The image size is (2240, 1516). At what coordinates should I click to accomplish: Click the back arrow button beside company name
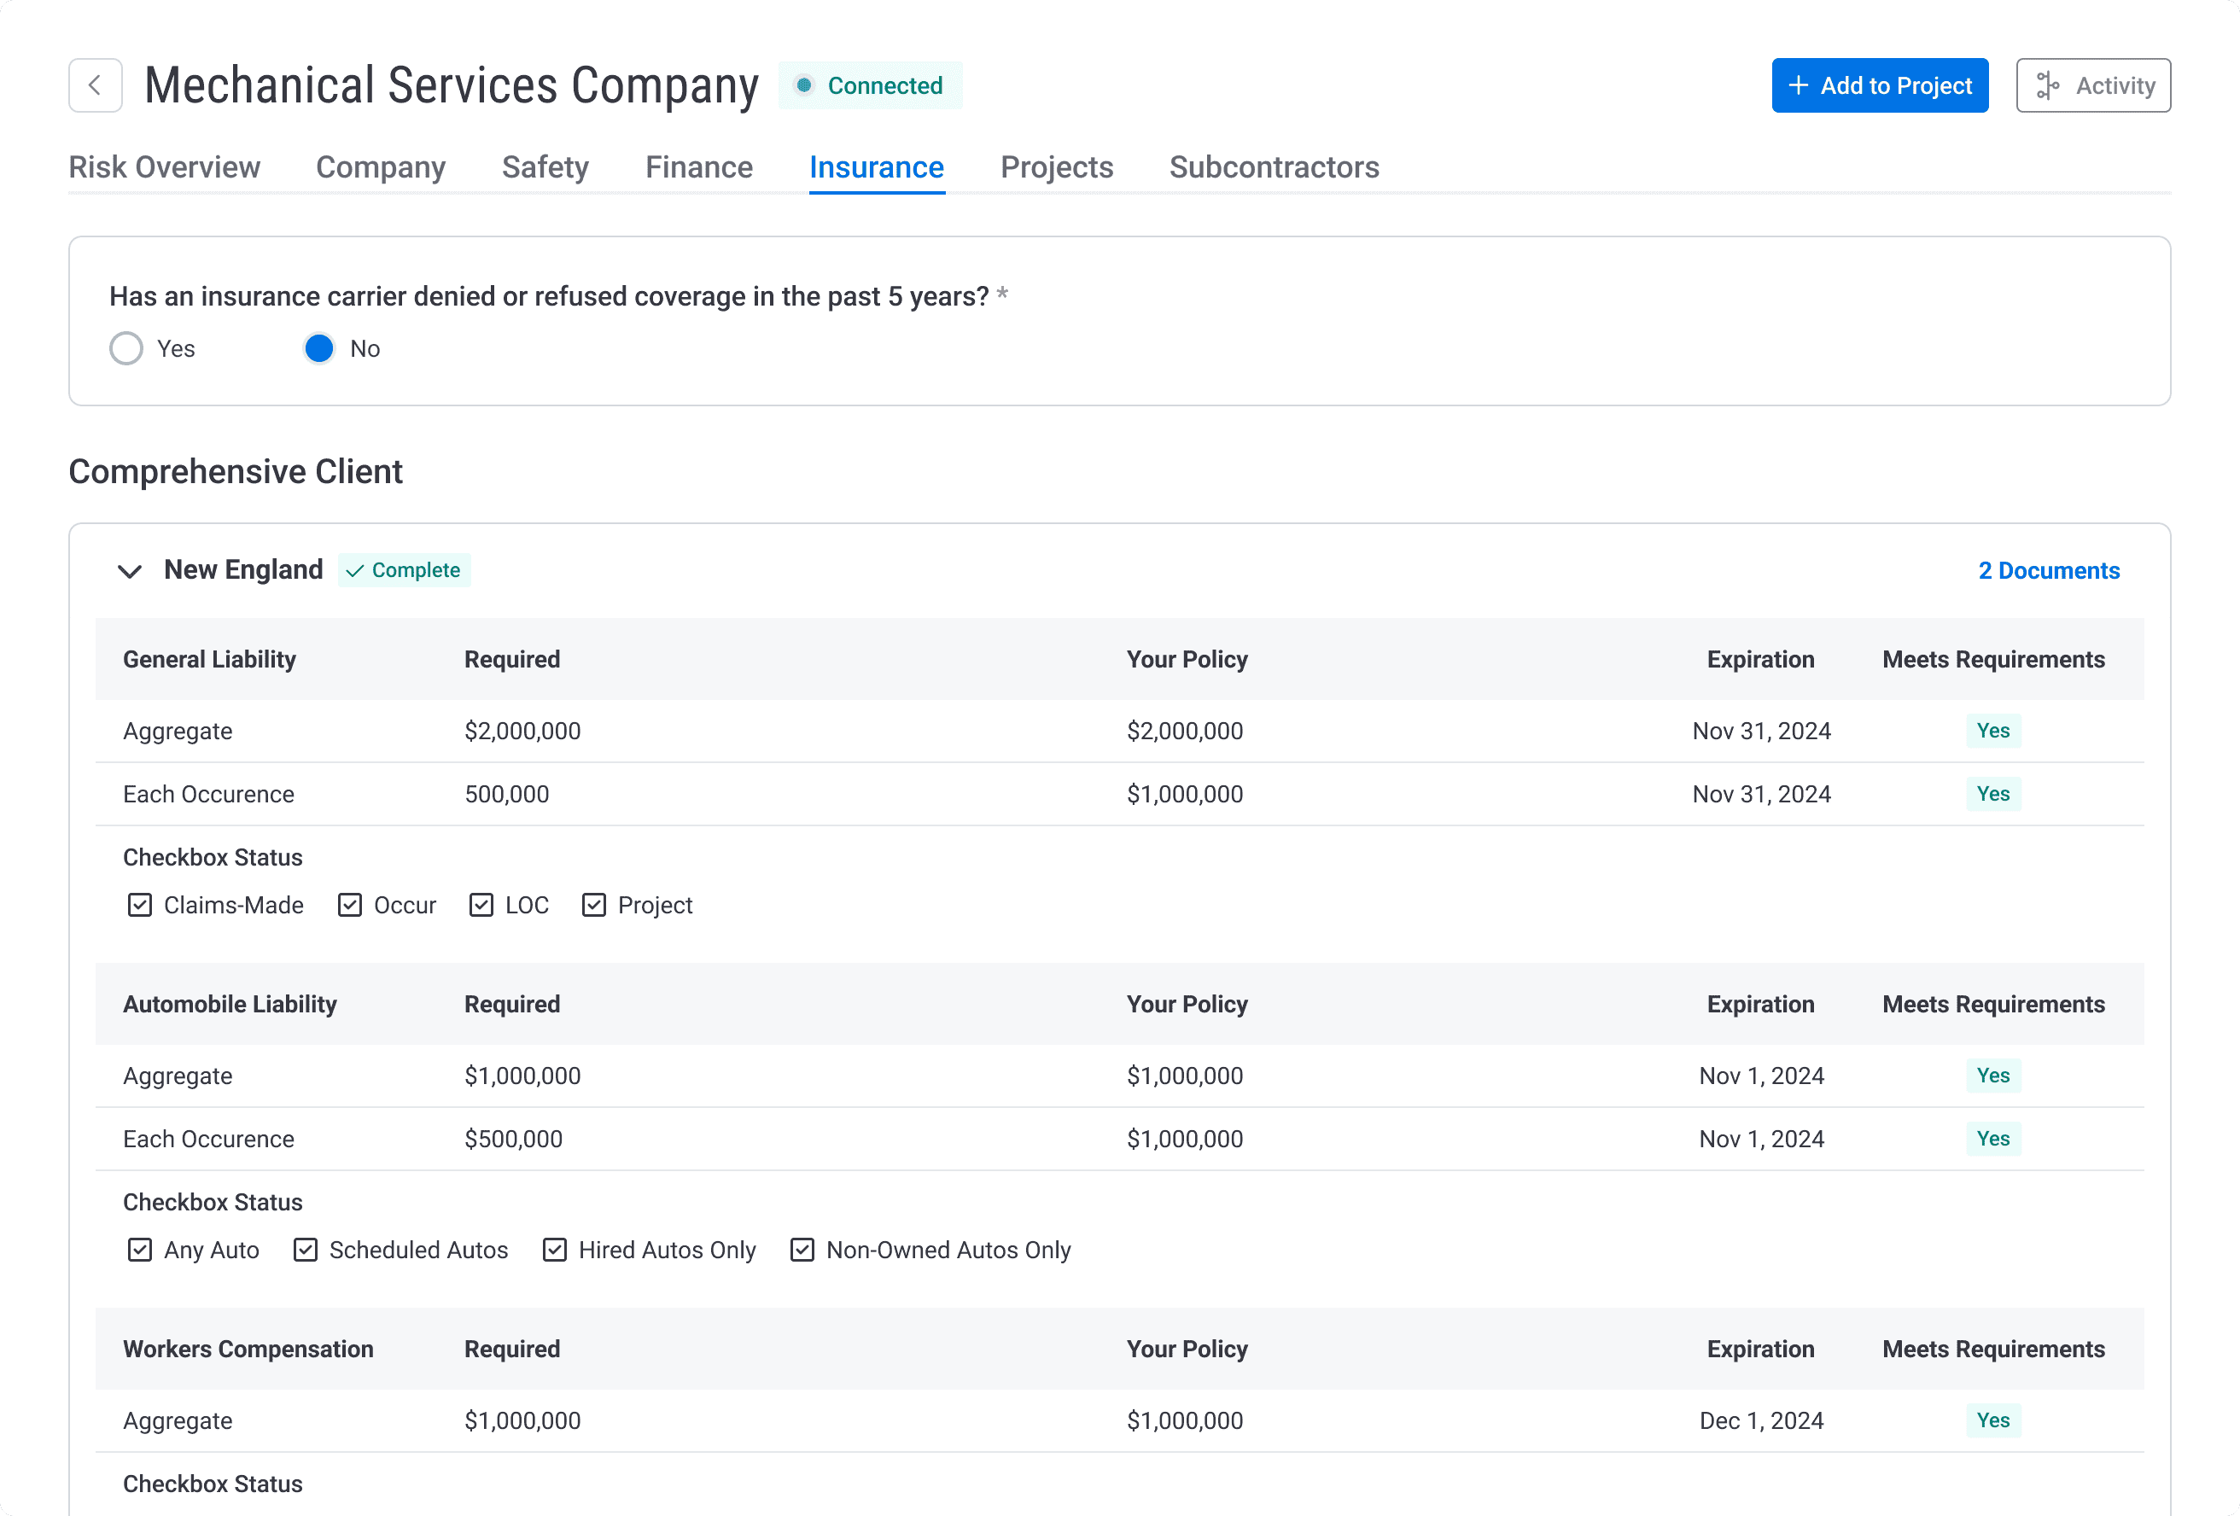tap(96, 85)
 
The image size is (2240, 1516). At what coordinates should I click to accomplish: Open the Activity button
tap(2092, 85)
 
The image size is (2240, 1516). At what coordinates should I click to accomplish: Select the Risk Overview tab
tap(164, 167)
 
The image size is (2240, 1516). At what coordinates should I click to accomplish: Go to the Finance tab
tap(699, 167)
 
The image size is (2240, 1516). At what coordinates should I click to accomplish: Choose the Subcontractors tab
tap(1274, 167)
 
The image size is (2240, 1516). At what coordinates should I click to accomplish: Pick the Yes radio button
tap(126, 349)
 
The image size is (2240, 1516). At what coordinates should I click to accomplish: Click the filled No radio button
tap(319, 349)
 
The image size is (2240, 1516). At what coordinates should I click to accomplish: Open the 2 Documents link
tap(2048, 570)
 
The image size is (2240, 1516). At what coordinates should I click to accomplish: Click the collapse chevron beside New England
tap(130, 572)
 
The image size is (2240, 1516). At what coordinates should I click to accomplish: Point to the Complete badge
tap(405, 570)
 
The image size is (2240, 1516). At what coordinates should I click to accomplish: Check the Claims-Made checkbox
tap(140, 905)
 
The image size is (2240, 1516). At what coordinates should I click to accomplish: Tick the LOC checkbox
tap(481, 905)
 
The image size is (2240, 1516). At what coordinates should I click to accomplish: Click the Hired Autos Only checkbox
tap(554, 1250)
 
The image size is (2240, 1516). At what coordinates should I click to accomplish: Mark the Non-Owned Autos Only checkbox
tap(802, 1250)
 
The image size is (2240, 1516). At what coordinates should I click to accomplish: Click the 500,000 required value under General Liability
tap(506, 794)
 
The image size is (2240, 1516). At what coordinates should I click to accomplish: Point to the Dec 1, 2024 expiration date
tap(1761, 1420)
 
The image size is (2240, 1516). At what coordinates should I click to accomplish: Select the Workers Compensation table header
tap(248, 1350)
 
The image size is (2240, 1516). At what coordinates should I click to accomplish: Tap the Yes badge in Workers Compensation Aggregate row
tap(1992, 1420)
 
